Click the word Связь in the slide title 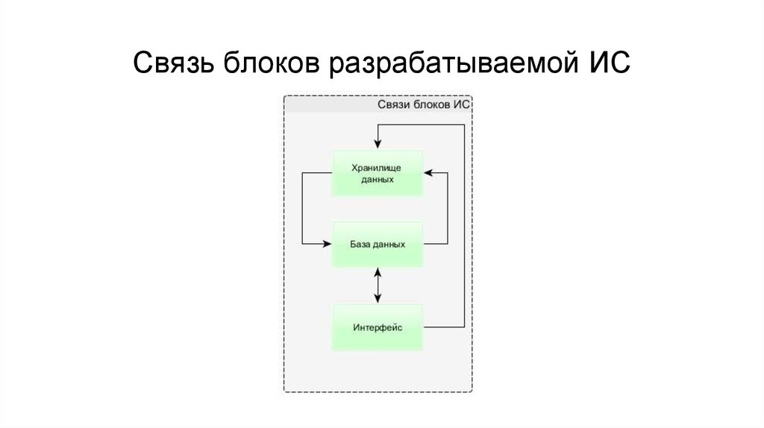(173, 63)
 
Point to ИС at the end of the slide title (610, 63)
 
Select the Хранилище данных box (378, 173)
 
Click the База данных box (378, 244)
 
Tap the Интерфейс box (378, 327)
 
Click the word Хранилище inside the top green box (378, 167)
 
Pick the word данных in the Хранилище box (378, 180)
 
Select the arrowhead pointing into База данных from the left (328, 244)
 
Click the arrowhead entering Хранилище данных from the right (428, 173)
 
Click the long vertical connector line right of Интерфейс (464, 224)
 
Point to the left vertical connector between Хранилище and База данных (301, 209)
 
